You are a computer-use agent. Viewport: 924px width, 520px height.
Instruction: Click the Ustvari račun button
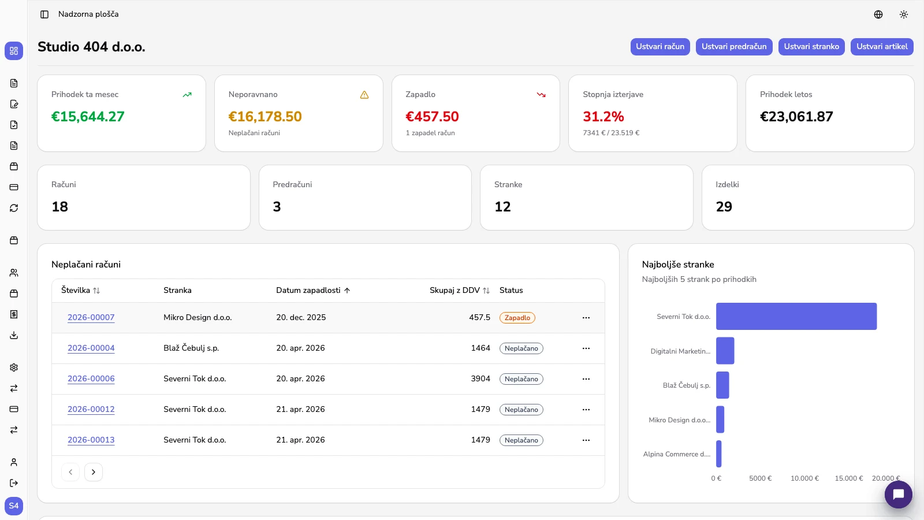(x=660, y=47)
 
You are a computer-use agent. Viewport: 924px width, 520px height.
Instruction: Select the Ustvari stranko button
(x=811, y=47)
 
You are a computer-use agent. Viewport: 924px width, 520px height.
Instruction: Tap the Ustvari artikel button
(x=882, y=47)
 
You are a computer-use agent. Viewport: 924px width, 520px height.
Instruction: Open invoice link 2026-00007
(x=91, y=317)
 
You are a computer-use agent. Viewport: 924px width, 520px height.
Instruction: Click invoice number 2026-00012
(x=91, y=410)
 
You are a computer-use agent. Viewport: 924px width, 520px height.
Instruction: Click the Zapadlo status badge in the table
(x=517, y=318)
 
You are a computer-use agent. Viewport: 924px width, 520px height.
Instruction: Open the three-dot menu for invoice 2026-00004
(x=586, y=348)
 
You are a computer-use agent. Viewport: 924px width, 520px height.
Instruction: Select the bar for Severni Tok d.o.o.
(x=796, y=317)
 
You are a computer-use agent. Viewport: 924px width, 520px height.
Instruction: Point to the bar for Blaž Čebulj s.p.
(x=722, y=385)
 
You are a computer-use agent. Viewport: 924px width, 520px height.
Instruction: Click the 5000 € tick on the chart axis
(x=760, y=478)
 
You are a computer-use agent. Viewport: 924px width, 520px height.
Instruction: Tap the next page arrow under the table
(x=93, y=472)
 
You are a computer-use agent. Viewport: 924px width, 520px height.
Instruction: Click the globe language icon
(x=878, y=14)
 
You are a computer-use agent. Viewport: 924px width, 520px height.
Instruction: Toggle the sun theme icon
(x=903, y=14)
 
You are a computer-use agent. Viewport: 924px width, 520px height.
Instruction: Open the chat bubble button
(x=898, y=495)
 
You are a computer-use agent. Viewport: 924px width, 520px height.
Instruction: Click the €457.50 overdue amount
(x=432, y=117)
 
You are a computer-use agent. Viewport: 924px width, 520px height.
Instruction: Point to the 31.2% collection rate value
(x=603, y=117)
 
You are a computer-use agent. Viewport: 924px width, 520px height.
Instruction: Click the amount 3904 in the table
(x=480, y=379)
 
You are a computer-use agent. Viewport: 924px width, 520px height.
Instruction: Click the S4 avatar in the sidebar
(x=14, y=506)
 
